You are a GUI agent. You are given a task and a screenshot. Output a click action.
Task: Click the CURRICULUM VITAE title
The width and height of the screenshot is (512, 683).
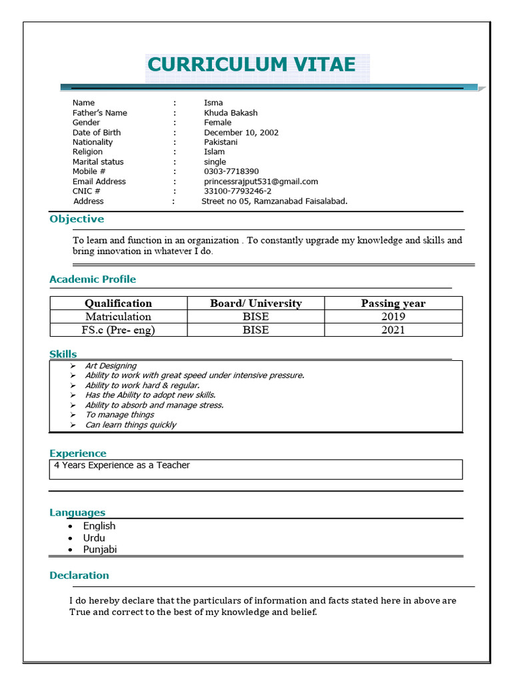pos(251,65)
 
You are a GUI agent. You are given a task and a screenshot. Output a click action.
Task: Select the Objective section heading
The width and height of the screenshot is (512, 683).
pos(77,219)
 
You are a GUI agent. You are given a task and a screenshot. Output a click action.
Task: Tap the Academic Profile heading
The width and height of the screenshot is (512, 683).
pos(93,279)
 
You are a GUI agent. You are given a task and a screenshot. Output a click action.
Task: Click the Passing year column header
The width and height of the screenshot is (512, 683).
pos(393,303)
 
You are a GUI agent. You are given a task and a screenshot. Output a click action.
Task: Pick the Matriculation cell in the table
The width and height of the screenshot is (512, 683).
pos(118,317)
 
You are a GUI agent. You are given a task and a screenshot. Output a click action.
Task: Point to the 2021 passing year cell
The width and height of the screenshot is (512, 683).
pos(393,330)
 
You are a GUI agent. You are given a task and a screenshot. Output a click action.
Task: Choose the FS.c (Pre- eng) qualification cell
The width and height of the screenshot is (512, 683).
pos(118,330)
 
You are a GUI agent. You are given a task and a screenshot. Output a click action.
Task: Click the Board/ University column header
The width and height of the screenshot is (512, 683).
pos(255,303)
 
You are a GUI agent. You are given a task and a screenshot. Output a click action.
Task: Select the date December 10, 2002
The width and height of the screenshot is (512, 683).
pos(241,133)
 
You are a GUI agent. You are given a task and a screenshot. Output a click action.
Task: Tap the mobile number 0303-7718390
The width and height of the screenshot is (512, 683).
pos(231,172)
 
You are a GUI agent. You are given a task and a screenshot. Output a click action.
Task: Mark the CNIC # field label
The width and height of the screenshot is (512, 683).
pos(87,191)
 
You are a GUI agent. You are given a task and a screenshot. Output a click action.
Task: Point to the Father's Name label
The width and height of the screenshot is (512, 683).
pos(99,113)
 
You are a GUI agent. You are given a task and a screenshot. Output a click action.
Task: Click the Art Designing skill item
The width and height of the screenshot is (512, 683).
pos(111,366)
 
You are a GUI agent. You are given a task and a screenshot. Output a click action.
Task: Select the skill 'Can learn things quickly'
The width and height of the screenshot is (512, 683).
pos(131,425)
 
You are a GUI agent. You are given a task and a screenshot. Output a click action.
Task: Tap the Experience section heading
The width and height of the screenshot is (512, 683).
pos(78,454)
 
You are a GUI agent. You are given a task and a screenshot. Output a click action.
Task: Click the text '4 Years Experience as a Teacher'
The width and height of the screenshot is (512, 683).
pos(122,466)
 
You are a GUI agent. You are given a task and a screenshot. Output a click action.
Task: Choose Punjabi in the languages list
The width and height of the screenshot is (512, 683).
pos(100,550)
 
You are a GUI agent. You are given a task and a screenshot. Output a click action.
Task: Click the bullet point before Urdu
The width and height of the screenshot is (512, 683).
pos(70,538)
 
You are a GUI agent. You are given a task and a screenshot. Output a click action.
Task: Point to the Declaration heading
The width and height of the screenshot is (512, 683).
pos(79,576)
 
